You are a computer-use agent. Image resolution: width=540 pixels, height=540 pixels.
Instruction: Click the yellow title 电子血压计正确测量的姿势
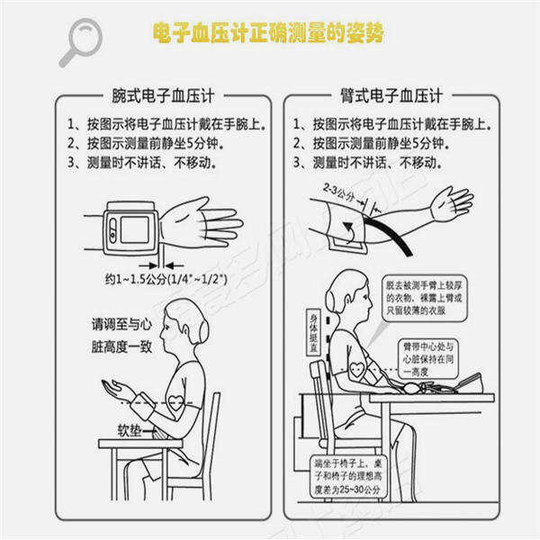click(269, 33)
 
